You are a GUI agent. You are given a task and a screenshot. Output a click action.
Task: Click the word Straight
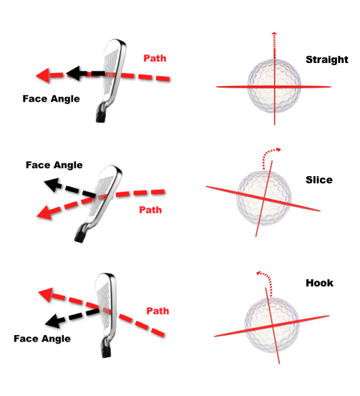coord(327,60)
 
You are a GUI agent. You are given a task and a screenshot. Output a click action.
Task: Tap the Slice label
coord(319,180)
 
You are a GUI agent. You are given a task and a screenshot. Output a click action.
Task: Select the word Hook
coord(319,283)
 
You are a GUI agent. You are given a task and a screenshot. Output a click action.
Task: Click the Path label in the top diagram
coord(155,58)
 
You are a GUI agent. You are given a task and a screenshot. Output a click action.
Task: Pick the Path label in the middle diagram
coord(150,210)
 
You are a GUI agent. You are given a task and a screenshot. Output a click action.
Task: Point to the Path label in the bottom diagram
coord(157,311)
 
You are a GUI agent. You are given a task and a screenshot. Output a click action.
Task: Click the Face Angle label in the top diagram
coord(52,99)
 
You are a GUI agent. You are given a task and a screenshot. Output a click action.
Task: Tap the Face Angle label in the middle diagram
coord(54,165)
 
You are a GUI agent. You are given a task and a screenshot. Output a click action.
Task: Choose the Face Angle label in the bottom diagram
coord(42,339)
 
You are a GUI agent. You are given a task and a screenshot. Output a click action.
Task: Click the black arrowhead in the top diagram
coord(73,74)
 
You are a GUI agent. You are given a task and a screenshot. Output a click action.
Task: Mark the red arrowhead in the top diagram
coord(43,75)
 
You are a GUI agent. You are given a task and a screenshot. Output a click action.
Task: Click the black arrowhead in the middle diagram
coord(52,185)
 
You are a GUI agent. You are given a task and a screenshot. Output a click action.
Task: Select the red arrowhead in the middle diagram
coord(45,212)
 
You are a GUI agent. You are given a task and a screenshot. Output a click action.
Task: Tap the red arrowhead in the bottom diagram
coord(46,294)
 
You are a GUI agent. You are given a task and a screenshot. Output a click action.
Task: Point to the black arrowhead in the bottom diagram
coord(53,321)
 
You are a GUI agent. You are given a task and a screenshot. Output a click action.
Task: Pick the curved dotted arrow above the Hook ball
coord(268,278)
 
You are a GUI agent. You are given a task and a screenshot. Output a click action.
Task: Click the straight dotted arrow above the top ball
coord(274,45)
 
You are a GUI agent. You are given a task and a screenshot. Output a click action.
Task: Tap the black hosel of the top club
coord(100,115)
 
